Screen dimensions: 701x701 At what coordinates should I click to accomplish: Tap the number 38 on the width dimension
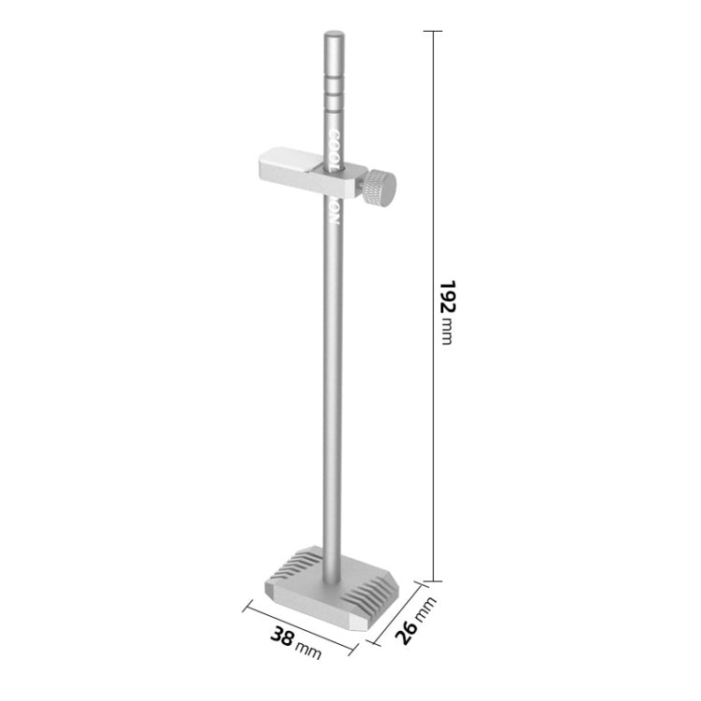(x=281, y=637)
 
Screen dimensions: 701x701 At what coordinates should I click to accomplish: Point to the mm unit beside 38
(x=308, y=650)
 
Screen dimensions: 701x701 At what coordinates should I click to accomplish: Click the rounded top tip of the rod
(x=334, y=37)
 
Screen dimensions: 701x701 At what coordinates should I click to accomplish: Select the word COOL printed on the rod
(x=334, y=147)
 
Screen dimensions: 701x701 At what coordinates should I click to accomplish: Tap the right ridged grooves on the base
(x=373, y=590)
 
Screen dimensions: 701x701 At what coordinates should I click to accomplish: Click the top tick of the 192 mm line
(x=432, y=31)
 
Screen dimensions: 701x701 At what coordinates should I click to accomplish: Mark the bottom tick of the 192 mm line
(x=432, y=580)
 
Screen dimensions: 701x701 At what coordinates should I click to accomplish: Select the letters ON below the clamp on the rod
(x=334, y=213)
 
